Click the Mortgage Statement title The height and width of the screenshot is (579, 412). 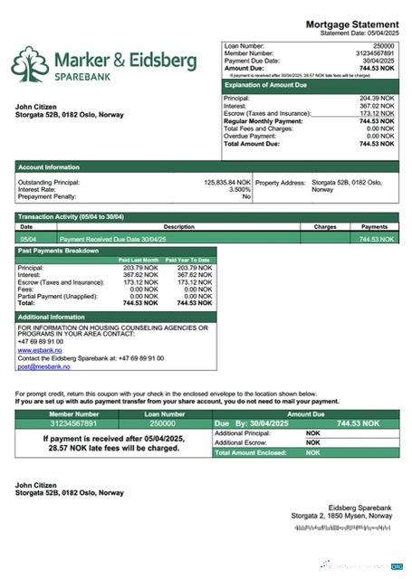pos(351,24)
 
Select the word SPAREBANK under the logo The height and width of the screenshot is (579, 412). pos(86,79)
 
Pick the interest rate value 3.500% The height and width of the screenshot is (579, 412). pos(239,189)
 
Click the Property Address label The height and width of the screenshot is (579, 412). pos(281,182)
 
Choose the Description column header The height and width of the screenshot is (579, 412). pos(179,227)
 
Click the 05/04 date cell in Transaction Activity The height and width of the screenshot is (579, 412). pos(27,238)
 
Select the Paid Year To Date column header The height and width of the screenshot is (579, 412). pos(187,260)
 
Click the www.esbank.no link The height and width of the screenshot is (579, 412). pos(40,349)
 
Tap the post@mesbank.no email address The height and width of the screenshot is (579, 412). pos(43,366)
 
